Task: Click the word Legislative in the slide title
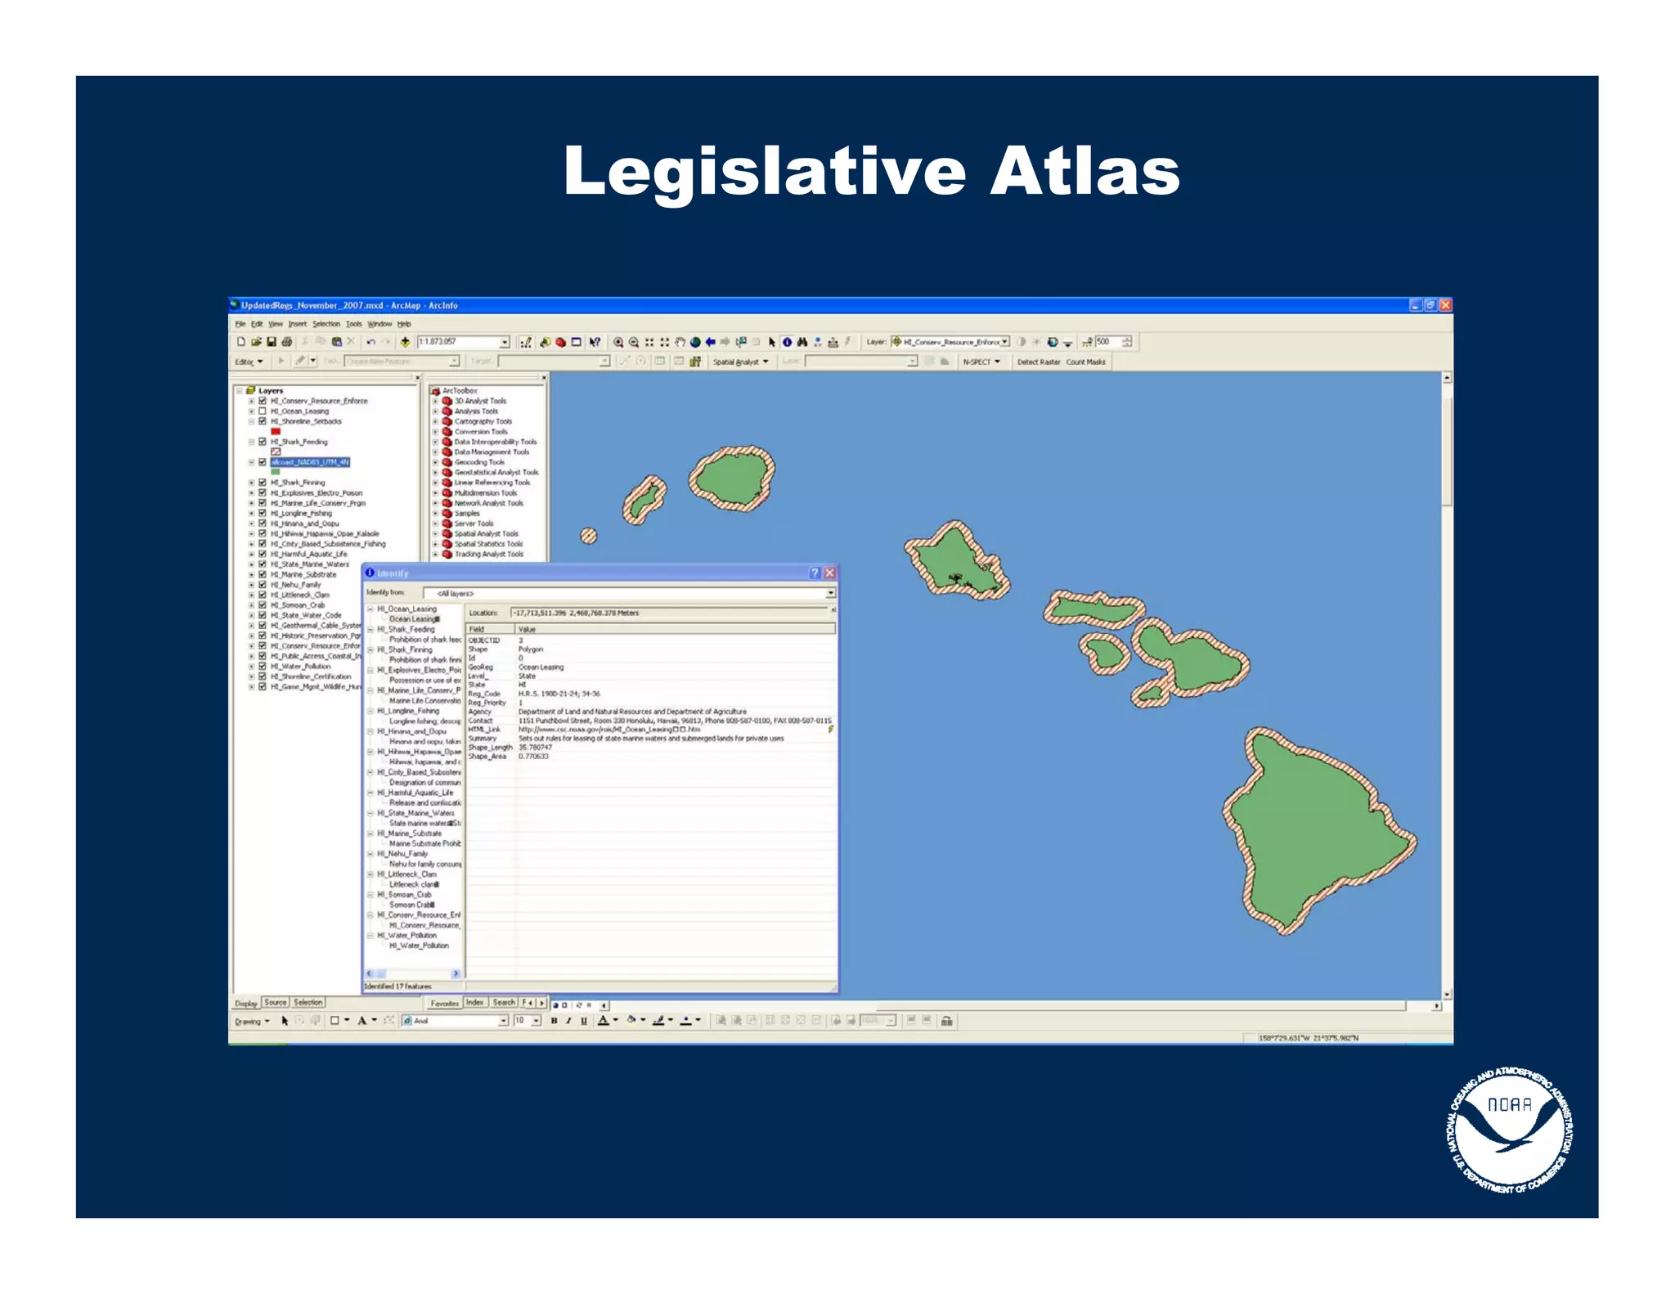tap(765, 172)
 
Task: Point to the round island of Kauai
tap(730, 478)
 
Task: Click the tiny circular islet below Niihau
tap(588, 536)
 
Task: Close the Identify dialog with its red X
tap(829, 573)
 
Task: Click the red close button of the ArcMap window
tap(1445, 305)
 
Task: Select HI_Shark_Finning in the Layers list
tap(298, 483)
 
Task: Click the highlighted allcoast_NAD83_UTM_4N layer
tap(310, 462)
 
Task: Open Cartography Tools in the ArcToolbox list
tap(483, 421)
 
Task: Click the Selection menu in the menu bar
tap(326, 324)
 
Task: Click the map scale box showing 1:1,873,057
tap(458, 342)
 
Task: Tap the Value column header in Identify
tap(527, 629)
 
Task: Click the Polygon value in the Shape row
tap(531, 649)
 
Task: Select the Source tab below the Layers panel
tap(276, 1003)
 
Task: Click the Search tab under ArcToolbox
tap(504, 1003)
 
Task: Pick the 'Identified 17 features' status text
tap(398, 986)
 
